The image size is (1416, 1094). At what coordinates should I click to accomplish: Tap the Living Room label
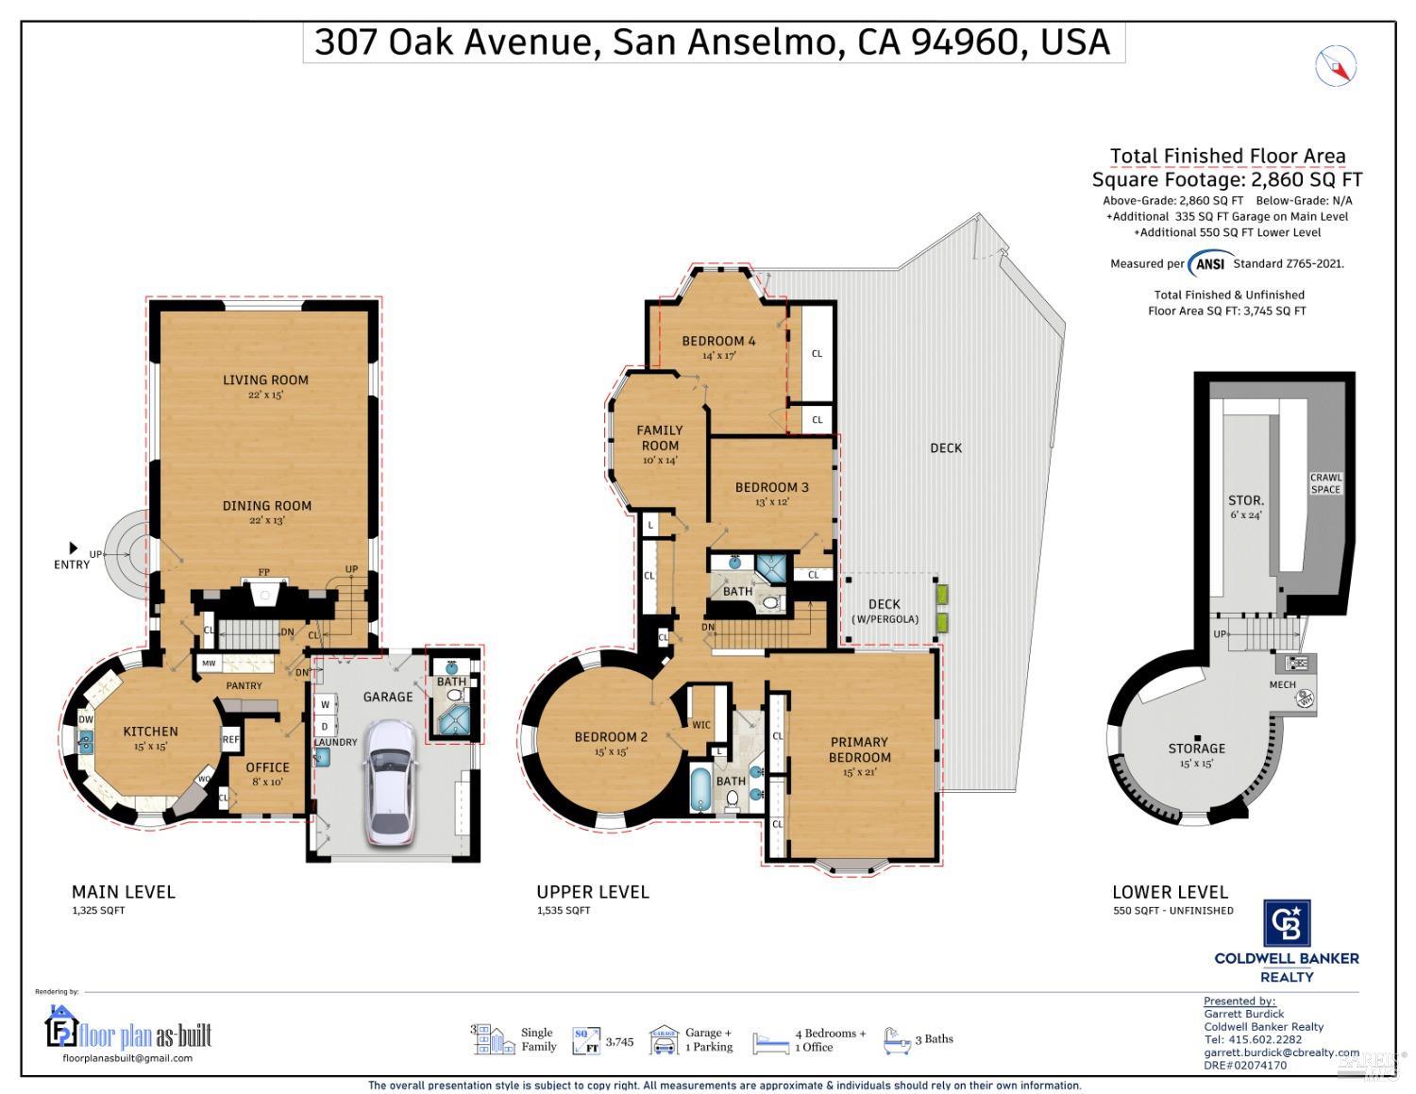tap(265, 380)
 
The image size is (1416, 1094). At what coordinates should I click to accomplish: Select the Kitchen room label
tap(150, 732)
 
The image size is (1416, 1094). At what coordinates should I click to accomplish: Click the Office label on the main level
tap(267, 767)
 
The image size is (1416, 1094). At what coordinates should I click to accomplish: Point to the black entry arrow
tap(73, 547)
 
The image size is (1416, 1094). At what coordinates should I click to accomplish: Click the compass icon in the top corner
tap(1335, 66)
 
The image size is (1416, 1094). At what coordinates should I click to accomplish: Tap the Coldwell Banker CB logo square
tap(1287, 922)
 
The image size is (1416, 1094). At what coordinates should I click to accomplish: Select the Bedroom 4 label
tap(718, 341)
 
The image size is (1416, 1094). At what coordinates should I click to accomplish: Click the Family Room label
tap(659, 438)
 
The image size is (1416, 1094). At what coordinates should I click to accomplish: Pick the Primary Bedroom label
tap(859, 749)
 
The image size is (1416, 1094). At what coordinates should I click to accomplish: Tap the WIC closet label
tap(701, 725)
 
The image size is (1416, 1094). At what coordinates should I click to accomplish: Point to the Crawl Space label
tap(1325, 483)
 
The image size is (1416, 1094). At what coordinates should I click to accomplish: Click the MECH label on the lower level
tap(1282, 684)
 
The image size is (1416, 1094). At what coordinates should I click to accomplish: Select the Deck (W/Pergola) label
tap(885, 611)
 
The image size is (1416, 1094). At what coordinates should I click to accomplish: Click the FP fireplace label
tap(264, 572)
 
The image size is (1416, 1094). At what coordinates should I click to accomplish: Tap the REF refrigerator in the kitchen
tap(230, 740)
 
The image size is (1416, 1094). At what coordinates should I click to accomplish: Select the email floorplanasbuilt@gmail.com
tap(127, 1058)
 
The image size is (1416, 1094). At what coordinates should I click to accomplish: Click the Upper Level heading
tap(593, 892)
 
